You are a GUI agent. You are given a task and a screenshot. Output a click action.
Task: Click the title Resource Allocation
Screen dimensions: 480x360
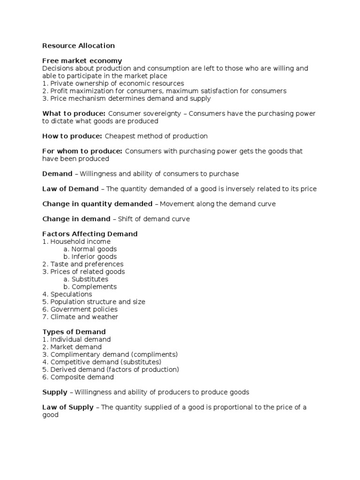(x=78, y=45)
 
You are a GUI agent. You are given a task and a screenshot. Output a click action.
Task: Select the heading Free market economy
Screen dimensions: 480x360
(x=82, y=60)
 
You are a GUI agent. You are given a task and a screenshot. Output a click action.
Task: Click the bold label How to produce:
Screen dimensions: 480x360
(x=72, y=136)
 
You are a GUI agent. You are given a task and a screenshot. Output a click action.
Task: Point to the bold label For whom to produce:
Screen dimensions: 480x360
(x=82, y=151)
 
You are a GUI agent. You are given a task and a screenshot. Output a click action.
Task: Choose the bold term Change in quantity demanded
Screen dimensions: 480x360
(x=97, y=203)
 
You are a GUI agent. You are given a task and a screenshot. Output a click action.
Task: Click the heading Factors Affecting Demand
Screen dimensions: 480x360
(x=90, y=233)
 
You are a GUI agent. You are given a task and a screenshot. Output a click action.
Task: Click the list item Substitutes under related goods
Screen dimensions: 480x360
(x=90, y=279)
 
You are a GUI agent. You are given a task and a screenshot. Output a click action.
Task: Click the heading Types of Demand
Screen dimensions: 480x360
(x=74, y=332)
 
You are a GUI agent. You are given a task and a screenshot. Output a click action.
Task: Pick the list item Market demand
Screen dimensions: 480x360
(x=75, y=347)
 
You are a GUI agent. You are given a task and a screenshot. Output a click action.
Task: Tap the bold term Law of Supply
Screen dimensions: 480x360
(x=68, y=407)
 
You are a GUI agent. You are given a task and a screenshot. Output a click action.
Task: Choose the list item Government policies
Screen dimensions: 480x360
(x=84, y=309)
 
